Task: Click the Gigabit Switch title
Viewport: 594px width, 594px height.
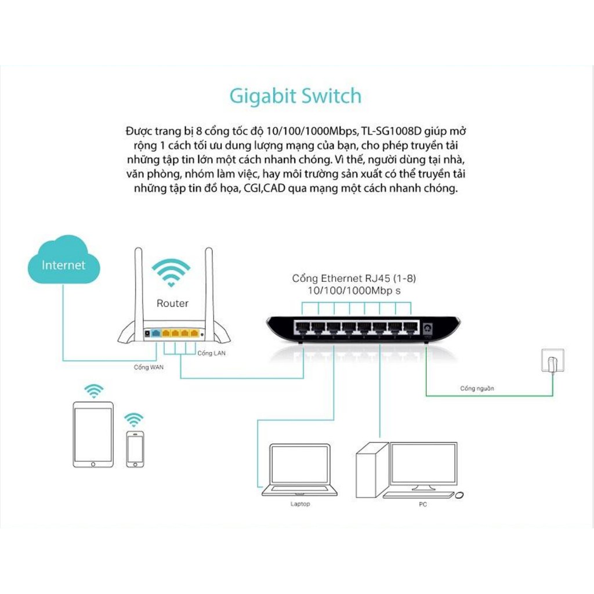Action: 295,96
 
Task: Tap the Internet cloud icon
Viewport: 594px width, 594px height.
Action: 64,260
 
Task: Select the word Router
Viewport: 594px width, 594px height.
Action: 172,303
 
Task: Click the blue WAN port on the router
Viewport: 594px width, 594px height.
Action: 155,334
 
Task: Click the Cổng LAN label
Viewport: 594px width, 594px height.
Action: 211,353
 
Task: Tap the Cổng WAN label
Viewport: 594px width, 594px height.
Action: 148,367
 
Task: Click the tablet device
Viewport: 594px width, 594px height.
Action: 93,434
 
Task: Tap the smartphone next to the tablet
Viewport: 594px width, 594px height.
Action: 135,449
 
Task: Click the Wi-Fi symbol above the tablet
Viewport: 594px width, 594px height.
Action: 94,390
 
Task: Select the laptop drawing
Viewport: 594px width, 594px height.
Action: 300,470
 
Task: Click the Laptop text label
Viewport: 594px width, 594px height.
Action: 300,504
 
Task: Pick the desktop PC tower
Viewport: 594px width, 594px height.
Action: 372,470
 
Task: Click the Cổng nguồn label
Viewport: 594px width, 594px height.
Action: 477,388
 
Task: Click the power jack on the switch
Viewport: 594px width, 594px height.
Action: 428,328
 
